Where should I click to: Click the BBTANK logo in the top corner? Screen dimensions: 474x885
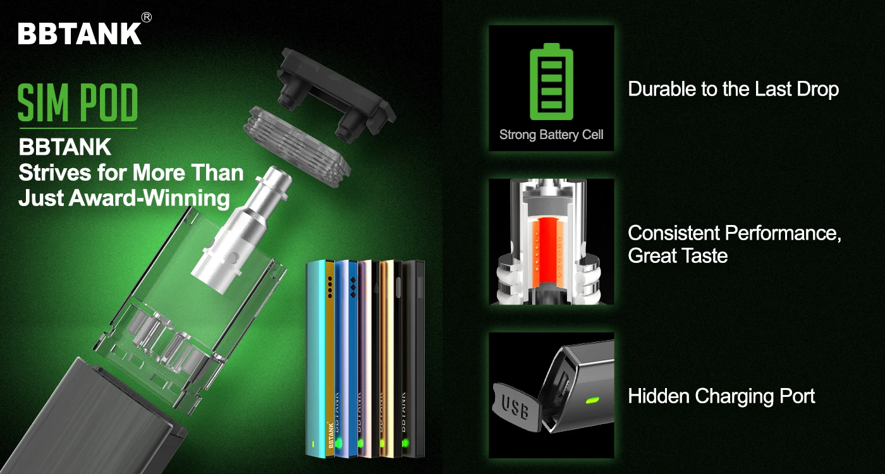pos(80,33)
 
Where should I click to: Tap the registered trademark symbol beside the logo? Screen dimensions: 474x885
pos(146,18)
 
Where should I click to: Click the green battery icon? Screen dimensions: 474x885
pos(551,80)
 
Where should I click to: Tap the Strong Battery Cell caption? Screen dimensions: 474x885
pos(551,135)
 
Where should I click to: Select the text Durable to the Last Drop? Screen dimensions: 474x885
pos(733,89)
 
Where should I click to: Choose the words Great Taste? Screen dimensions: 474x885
pos(678,256)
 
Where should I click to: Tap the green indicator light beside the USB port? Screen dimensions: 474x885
pos(592,400)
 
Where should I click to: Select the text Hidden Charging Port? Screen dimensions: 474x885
pos(721,396)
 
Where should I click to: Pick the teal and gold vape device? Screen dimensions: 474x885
pos(320,360)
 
